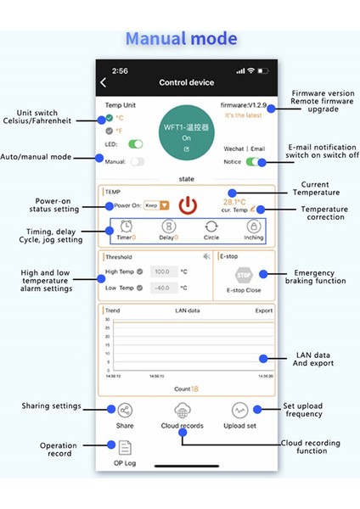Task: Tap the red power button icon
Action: click(x=188, y=205)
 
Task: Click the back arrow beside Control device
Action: click(x=104, y=82)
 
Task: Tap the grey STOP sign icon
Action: click(x=245, y=275)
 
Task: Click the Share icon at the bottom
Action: click(x=125, y=411)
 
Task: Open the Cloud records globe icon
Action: click(x=182, y=411)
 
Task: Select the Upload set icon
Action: click(x=239, y=411)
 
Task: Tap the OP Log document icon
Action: click(x=125, y=448)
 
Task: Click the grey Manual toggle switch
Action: click(x=137, y=161)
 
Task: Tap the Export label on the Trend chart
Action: click(x=264, y=310)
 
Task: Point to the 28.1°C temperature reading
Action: click(x=234, y=202)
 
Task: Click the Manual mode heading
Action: click(x=181, y=38)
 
